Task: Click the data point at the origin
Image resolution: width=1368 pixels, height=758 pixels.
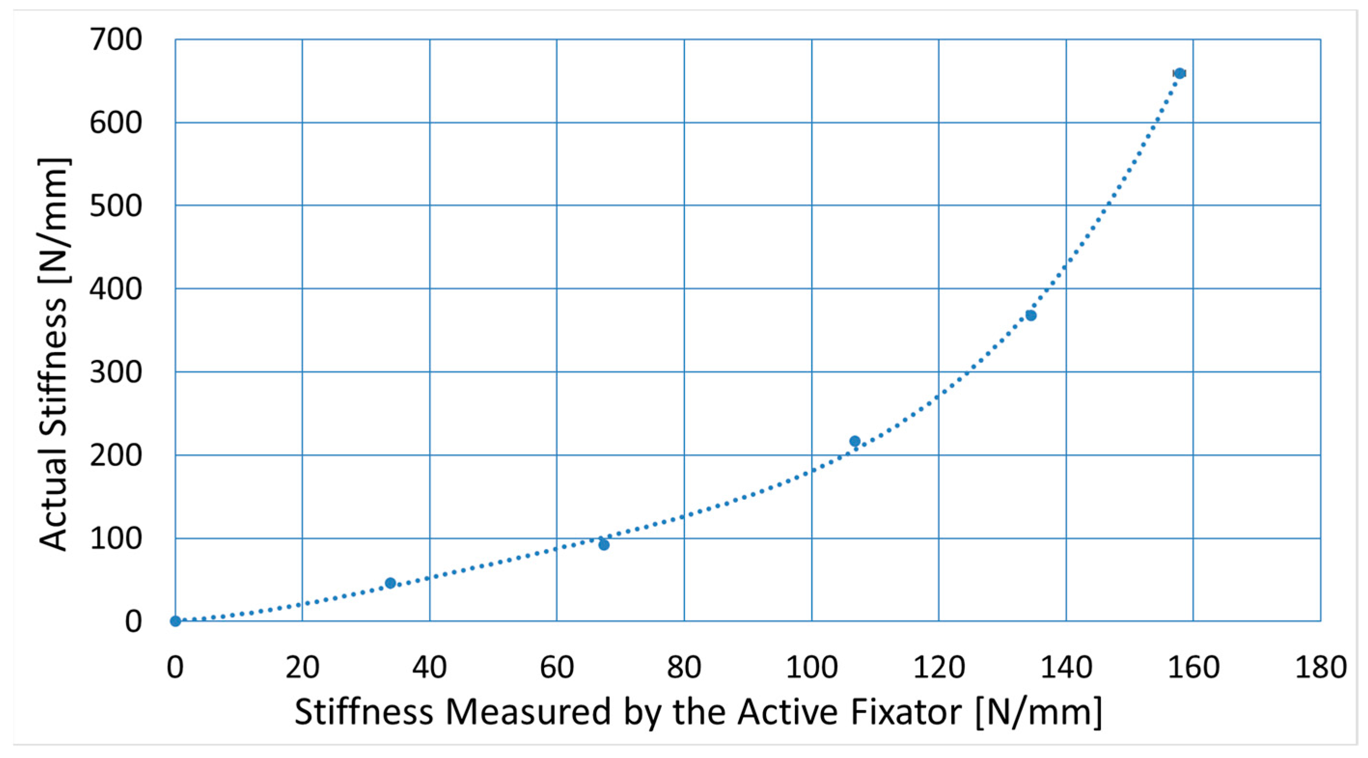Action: tap(175, 621)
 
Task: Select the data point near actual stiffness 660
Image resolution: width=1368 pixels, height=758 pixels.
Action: tap(1179, 73)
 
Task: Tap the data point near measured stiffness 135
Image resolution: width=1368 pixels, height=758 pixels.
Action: tap(1031, 316)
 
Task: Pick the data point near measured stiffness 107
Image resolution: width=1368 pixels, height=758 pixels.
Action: tap(854, 441)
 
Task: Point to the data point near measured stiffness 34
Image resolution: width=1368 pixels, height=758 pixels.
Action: tap(390, 583)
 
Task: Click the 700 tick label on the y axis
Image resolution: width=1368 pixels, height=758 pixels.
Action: tap(116, 40)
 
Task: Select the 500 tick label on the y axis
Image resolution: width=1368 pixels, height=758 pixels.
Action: tap(116, 206)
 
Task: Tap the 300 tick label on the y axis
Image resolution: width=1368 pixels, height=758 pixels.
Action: tap(116, 372)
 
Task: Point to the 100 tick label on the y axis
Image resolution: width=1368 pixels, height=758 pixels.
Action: tap(116, 538)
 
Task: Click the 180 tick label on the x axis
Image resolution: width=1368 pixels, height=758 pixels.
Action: tap(1321, 667)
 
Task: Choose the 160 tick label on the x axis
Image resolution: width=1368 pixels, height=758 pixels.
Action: tap(1193, 667)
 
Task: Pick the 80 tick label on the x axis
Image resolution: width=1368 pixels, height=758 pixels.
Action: tap(684, 667)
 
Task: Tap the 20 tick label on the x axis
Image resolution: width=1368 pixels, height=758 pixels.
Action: tap(302, 667)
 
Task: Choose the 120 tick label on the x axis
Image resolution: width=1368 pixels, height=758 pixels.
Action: tap(939, 667)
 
